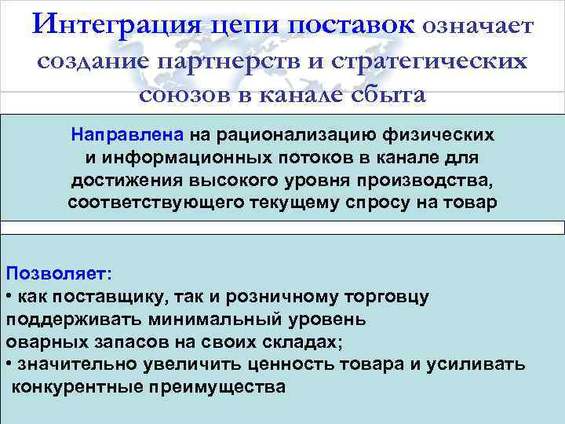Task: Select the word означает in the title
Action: (479, 27)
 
